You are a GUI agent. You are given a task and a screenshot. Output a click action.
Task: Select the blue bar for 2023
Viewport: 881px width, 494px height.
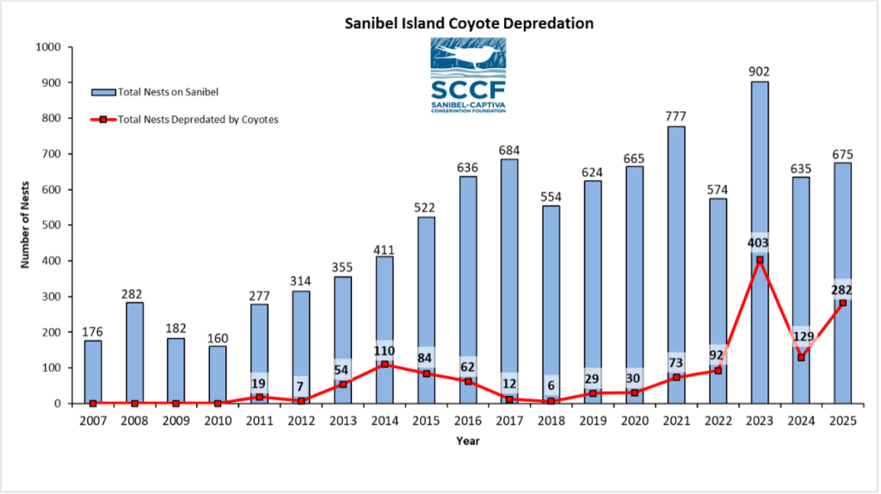759,172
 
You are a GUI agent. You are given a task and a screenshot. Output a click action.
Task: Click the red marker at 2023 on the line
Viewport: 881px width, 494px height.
759,260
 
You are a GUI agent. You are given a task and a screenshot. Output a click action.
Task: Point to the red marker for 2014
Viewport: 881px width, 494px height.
384,364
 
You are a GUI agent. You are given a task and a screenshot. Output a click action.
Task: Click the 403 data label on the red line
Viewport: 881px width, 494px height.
759,243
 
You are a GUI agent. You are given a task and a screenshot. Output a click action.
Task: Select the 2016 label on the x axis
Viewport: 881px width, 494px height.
467,420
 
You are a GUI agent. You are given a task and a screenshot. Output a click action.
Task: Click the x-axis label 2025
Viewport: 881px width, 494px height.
842,420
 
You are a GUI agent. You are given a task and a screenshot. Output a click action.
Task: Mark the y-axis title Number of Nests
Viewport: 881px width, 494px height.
25,225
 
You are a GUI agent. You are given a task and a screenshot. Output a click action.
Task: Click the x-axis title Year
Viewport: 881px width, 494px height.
468,442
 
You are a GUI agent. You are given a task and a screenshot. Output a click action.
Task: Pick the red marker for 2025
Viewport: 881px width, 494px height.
842,303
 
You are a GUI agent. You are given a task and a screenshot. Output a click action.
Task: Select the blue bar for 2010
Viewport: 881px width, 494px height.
218,374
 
